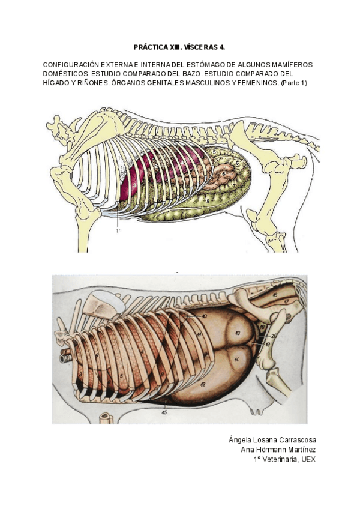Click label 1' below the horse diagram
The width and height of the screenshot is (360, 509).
coord(118,229)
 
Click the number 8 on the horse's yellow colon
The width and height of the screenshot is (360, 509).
coord(208,202)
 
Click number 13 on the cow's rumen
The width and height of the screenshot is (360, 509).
coord(238,332)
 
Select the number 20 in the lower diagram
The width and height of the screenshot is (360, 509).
coord(274,336)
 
